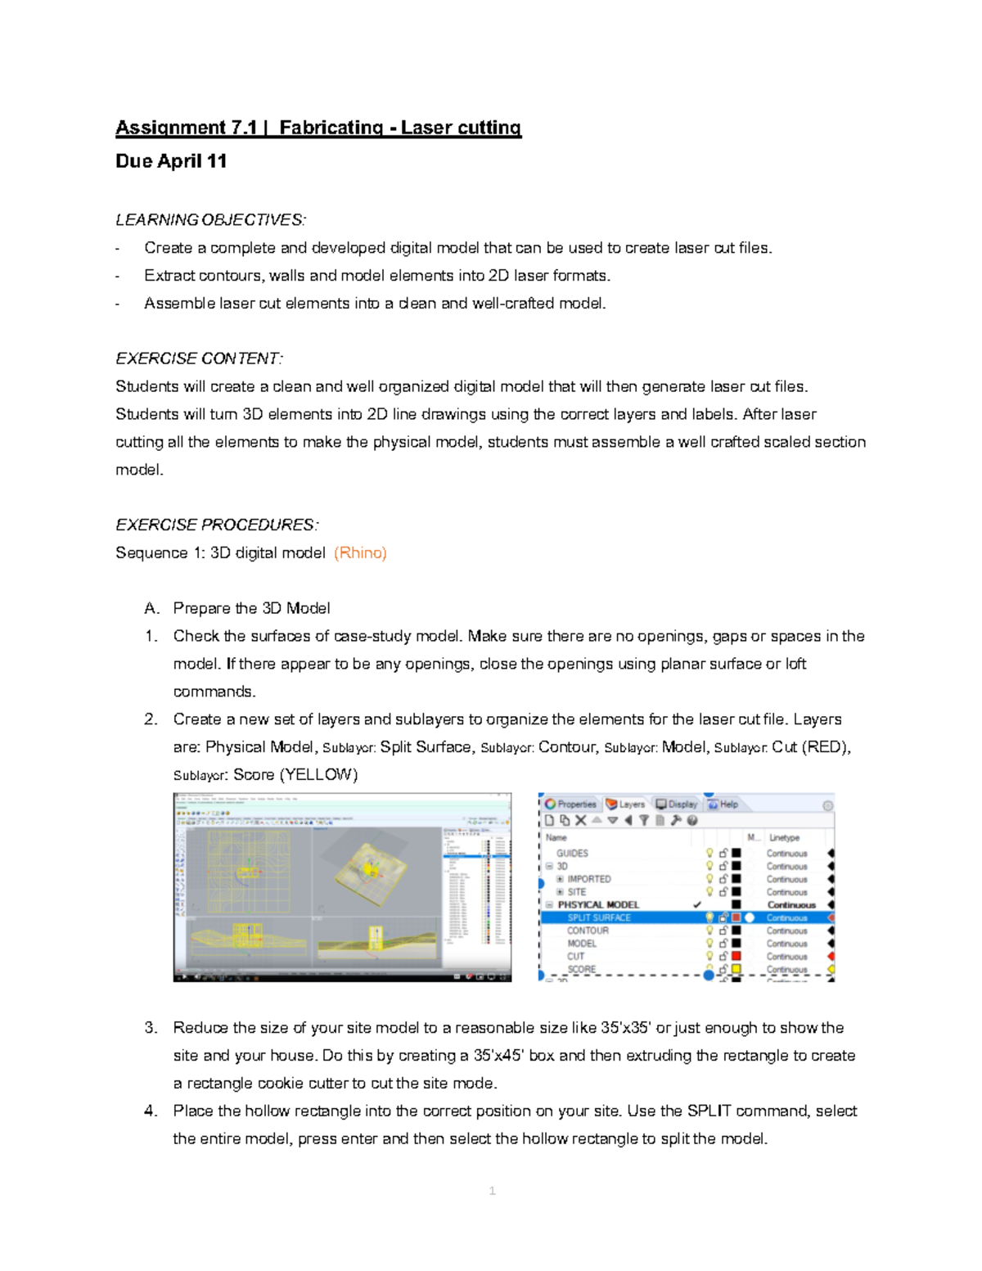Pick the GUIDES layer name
coord(572,853)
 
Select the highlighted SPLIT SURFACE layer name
coord(599,917)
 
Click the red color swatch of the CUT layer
coord(736,956)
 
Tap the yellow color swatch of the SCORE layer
coord(736,969)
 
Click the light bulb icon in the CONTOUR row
coord(709,931)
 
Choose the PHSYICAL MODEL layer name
coord(598,904)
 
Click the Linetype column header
coord(784,837)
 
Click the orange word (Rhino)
coord(360,552)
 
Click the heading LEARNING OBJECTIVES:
coord(210,219)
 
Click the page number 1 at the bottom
coord(492,1191)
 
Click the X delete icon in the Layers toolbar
coord(580,820)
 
